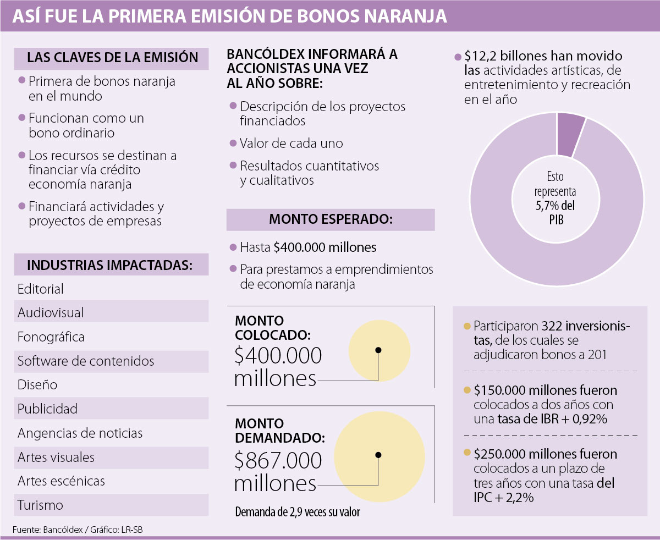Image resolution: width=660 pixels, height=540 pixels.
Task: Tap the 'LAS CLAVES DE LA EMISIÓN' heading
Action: pos(112,58)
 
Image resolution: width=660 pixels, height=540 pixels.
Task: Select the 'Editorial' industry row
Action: pos(41,289)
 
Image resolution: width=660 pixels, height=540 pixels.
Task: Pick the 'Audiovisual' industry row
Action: pos(51,313)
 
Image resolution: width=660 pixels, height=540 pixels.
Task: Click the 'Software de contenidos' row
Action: pos(86,361)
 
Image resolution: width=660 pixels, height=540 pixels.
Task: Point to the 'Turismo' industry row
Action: pos(40,505)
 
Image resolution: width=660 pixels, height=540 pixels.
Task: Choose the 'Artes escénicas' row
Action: pos(61,481)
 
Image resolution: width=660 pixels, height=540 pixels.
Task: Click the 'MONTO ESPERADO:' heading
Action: pos(331,219)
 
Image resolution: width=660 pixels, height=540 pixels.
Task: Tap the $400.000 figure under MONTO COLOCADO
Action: pos(278,356)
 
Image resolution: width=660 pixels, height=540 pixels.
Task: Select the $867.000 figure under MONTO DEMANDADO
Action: pos(278,460)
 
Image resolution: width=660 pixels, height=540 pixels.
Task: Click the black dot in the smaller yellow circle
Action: pos(378,350)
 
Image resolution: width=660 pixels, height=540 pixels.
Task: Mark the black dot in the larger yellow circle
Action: pos(378,455)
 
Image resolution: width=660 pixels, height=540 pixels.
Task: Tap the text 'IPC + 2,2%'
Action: pos(503,498)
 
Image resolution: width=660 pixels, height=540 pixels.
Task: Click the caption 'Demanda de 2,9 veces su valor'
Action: pos(298,513)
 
